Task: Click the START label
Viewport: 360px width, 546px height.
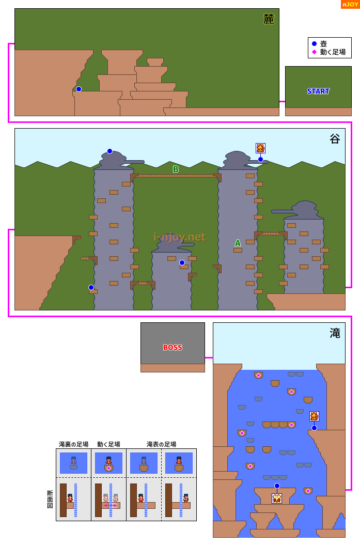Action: pos(318,91)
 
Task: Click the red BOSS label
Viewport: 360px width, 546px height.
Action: pos(173,348)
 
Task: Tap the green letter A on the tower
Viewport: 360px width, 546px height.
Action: pos(238,243)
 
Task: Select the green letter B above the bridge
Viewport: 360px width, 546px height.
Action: pos(176,169)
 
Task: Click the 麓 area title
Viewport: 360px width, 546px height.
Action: pos(269,19)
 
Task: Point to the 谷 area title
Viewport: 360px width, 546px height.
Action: pos(335,139)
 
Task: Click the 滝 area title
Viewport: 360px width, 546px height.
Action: pos(335,333)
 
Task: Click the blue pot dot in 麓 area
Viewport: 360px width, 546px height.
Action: pos(79,89)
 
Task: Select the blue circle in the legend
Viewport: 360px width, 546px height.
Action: pos(315,44)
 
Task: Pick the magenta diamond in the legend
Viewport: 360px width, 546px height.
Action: pos(315,52)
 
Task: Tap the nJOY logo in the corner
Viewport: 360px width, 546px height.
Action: pos(350,4)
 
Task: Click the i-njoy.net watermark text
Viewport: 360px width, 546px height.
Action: pos(179,237)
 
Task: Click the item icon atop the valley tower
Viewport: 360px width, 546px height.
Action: pos(260,148)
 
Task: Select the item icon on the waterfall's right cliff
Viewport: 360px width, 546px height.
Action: pos(314,416)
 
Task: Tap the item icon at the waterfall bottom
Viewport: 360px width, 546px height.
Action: pos(277,498)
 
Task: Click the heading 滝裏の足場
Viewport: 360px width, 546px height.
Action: pos(73,444)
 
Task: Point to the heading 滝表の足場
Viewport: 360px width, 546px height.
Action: pos(161,444)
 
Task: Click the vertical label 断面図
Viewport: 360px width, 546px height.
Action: pos(50,500)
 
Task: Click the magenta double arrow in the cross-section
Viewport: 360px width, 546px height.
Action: pos(111,505)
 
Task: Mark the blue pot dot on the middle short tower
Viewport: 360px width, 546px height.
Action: pos(182,262)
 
